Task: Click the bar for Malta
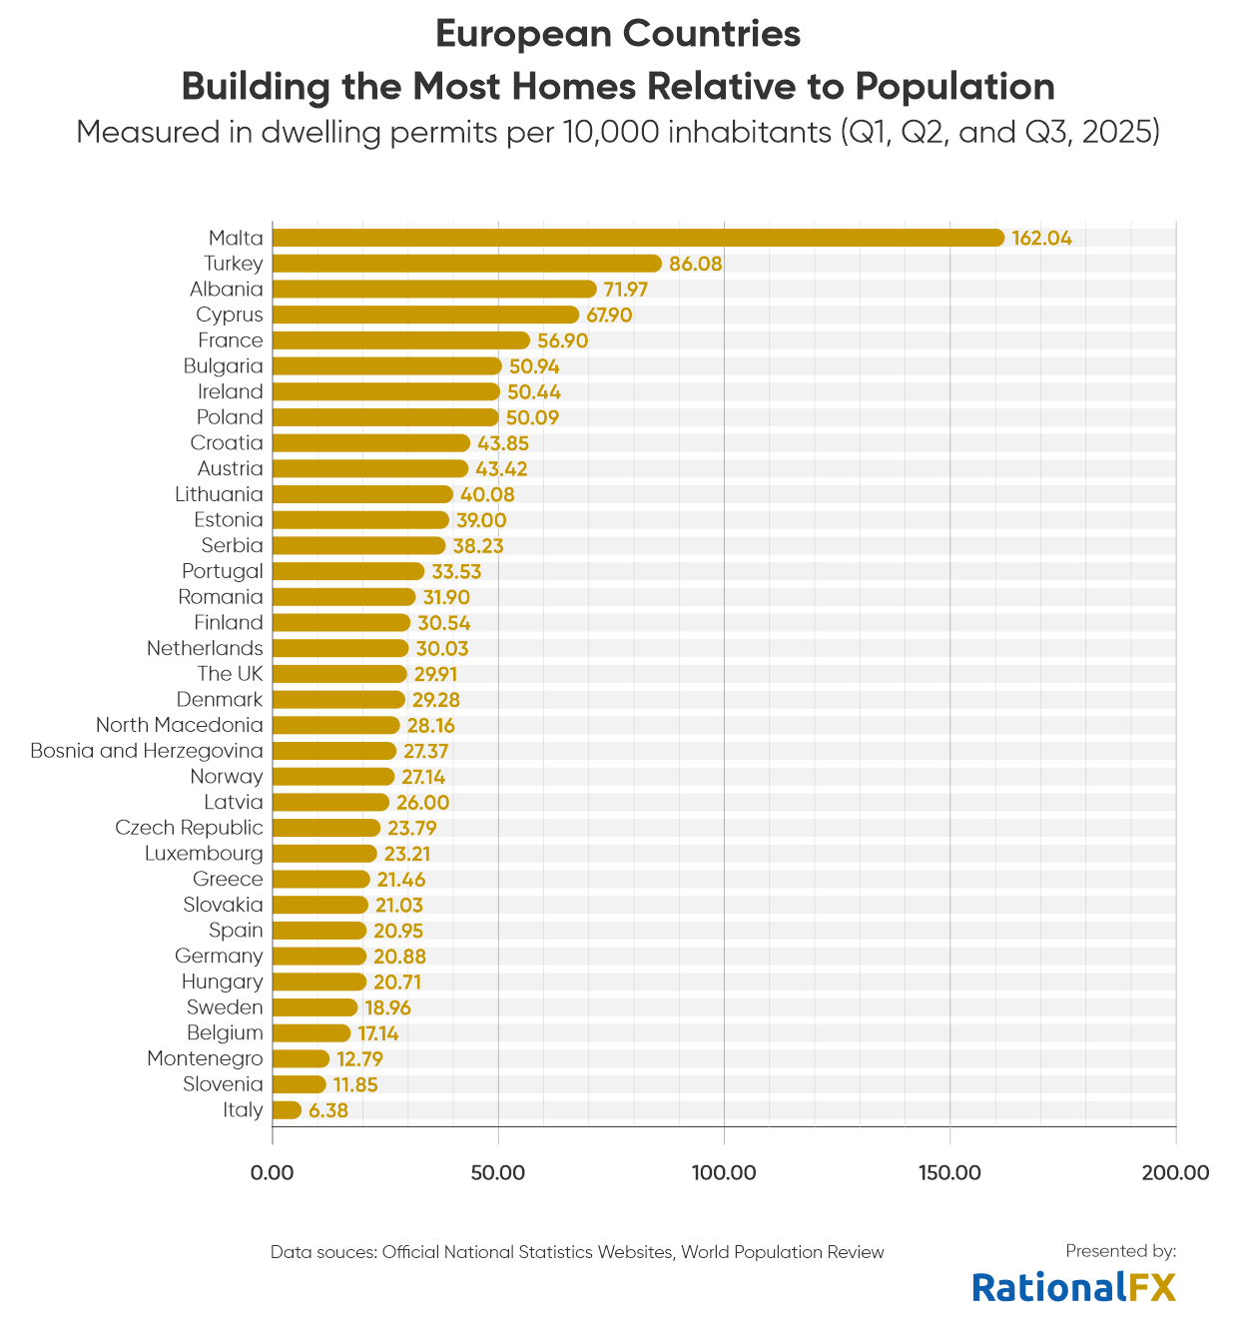637,238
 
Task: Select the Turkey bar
466,264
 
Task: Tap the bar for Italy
287,1110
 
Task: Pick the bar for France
400,340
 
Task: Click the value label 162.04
1041,239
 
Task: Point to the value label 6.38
328,1110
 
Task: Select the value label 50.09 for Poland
533,417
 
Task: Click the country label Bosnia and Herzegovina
147,751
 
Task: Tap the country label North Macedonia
180,725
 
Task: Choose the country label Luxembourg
204,854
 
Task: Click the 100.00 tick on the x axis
724,1172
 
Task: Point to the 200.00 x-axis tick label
1175,1172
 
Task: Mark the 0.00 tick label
273,1172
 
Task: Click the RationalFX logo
1074,1287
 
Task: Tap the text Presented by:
1120,1251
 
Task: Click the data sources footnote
577,1252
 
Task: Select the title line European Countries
618,34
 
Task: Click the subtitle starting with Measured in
618,132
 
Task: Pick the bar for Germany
319,957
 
